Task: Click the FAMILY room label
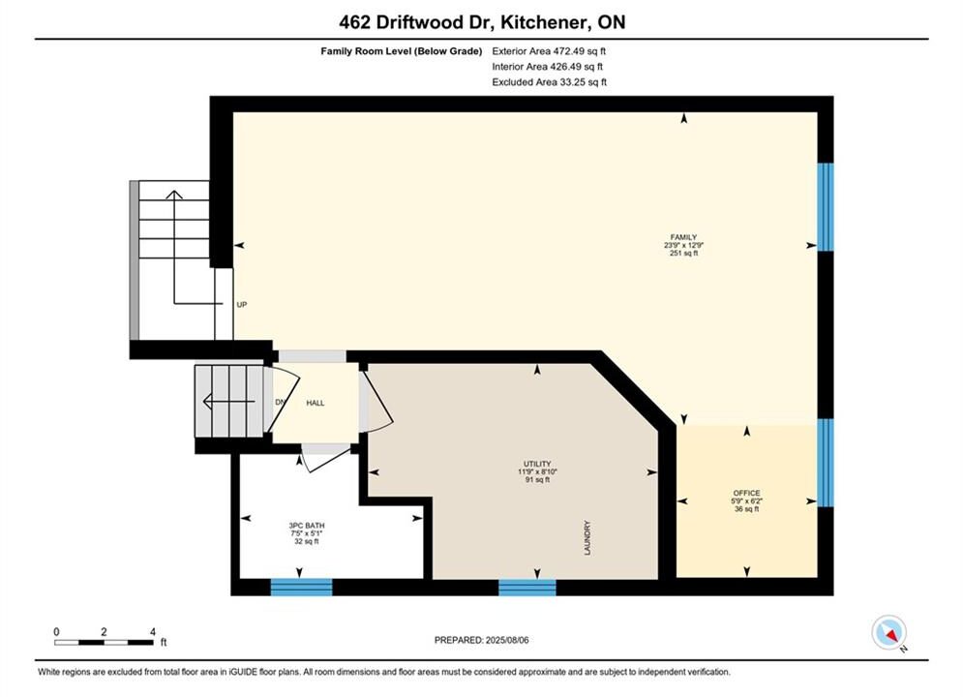coord(683,237)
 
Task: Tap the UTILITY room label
coord(537,464)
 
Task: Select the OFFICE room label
coord(746,493)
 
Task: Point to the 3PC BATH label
coord(307,526)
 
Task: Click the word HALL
coord(316,403)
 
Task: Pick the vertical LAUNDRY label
coord(587,538)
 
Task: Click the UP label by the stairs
coord(241,305)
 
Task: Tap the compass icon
coord(889,632)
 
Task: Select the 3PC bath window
coord(302,587)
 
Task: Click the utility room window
coord(527,587)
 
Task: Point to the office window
coord(826,463)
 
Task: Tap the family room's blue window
coord(826,207)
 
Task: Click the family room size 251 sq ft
coord(683,253)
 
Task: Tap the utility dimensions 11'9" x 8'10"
coord(537,471)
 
